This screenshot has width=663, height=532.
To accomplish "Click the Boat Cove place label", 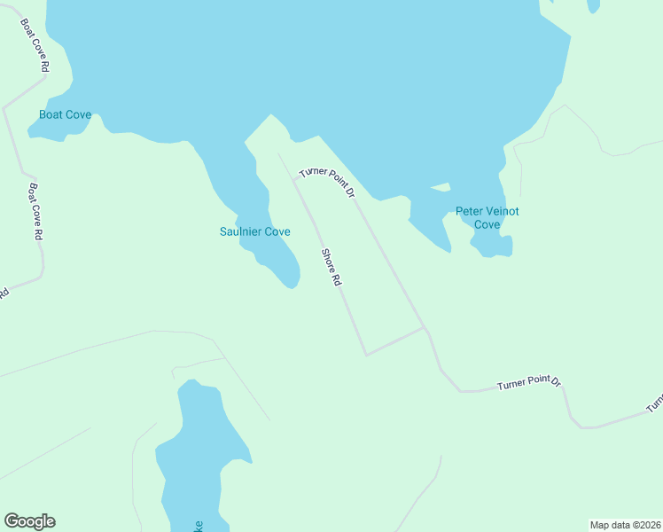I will click(x=65, y=115).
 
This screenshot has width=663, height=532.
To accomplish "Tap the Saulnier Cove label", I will click(x=255, y=231).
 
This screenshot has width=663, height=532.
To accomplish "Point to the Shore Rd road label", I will click(x=331, y=267).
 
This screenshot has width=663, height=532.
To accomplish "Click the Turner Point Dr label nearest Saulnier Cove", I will click(x=327, y=181).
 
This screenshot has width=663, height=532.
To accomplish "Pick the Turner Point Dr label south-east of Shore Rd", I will click(x=529, y=384).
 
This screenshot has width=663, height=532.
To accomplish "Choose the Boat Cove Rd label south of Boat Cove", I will click(x=36, y=212).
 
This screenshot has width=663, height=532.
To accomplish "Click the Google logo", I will click(x=29, y=521).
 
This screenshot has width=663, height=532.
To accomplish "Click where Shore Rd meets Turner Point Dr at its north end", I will click(x=294, y=178).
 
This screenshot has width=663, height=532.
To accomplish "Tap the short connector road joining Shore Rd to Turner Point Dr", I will click(x=395, y=341).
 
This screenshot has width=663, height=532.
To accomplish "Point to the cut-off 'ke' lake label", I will click(x=199, y=526).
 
